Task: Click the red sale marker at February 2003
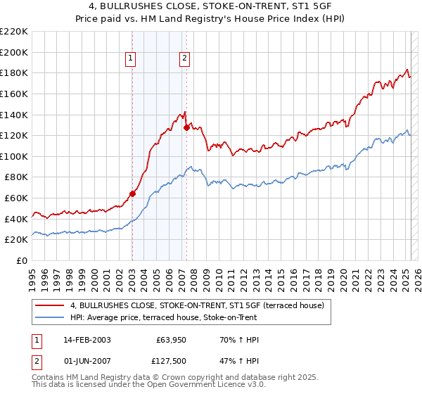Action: [x=132, y=193]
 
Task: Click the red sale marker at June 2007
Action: [x=186, y=127]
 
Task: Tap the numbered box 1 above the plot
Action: [x=132, y=59]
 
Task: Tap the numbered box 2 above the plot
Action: [x=184, y=59]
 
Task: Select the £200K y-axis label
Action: [x=15, y=52]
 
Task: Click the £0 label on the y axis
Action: [x=22, y=260]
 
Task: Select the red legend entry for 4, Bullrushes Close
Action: [x=197, y=305]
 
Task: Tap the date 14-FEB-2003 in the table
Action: [x=87, y=340]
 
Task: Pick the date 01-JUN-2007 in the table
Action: [x=87, y=361]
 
